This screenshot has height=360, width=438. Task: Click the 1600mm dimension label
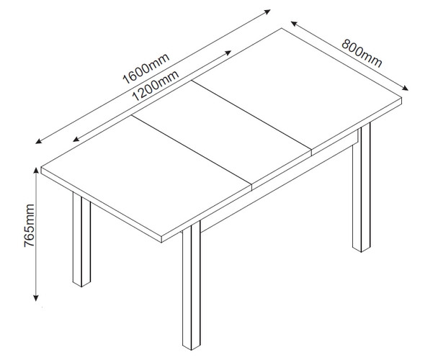[x=146, y=68]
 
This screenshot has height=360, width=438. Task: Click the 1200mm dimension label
[x=156, y=86]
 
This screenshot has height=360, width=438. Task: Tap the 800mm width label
[x=362, y=53]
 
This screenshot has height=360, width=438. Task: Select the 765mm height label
[x=29, y=225]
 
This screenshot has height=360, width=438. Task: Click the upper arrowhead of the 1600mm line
[x=267, y=12]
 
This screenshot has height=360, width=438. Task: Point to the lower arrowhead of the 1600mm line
[x=38, y=141]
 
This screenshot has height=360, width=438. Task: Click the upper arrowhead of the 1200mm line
[x=228, y=53]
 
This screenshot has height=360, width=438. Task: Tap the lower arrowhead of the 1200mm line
[x=76, y=139]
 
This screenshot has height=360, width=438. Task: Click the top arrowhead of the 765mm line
[x=36, y=170]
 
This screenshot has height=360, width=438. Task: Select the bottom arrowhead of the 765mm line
[x=36, y=298]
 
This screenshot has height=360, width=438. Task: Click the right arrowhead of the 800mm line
[x=406, y=88]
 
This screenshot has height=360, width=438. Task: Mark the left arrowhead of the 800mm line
[x=294, y=24]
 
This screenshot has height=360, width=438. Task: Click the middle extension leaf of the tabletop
[x=222, y=132]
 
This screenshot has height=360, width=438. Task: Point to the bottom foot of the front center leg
[x=192, y=348]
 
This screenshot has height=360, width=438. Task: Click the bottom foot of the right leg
[x=362, y=250]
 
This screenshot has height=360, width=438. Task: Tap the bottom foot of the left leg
[x=81, y=284]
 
